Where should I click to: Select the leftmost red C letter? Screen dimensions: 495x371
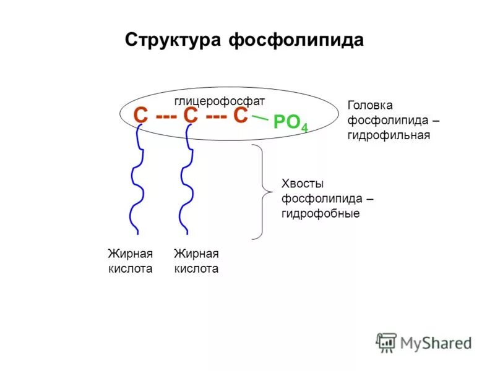coord(141,116)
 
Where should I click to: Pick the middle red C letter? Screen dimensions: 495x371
coord(191,116)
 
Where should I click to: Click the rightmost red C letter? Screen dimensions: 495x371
coord(240,116)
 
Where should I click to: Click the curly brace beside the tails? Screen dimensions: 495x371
coord(263,192)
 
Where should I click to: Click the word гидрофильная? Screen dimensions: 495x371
coord(389,135)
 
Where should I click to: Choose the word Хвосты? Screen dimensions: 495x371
coord(303,184)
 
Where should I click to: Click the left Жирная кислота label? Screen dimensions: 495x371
coord(130,261)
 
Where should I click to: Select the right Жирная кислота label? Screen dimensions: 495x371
coord(196,261)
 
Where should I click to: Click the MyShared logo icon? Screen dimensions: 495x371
coord(386,342)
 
